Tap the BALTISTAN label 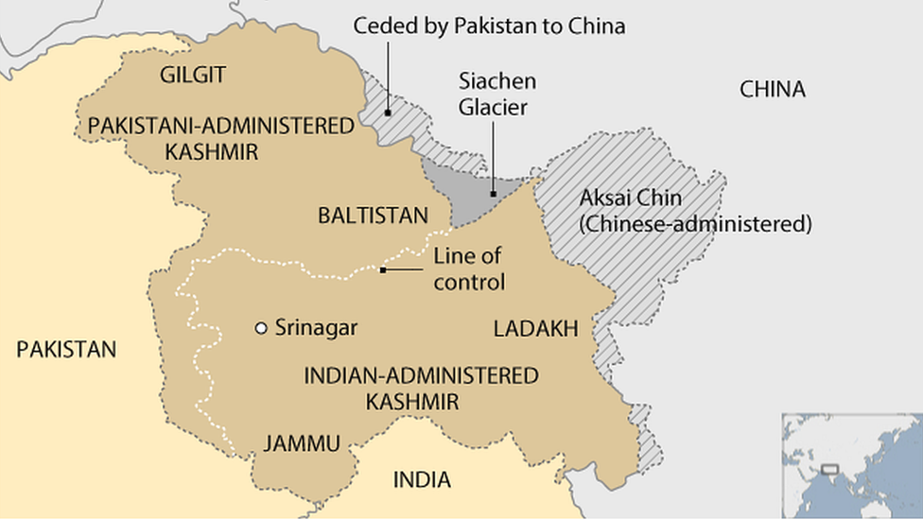373,216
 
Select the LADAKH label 534,328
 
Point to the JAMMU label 302,443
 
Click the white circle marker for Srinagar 261,328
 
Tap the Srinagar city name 316,328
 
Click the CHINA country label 772,90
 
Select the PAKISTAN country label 66,350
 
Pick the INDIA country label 422,479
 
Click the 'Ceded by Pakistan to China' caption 489,26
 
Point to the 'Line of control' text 468,268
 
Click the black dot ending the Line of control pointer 382,270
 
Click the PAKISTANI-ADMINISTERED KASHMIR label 221,139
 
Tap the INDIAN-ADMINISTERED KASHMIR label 421,388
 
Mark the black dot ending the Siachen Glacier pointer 492,194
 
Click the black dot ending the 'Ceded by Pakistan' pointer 388,112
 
